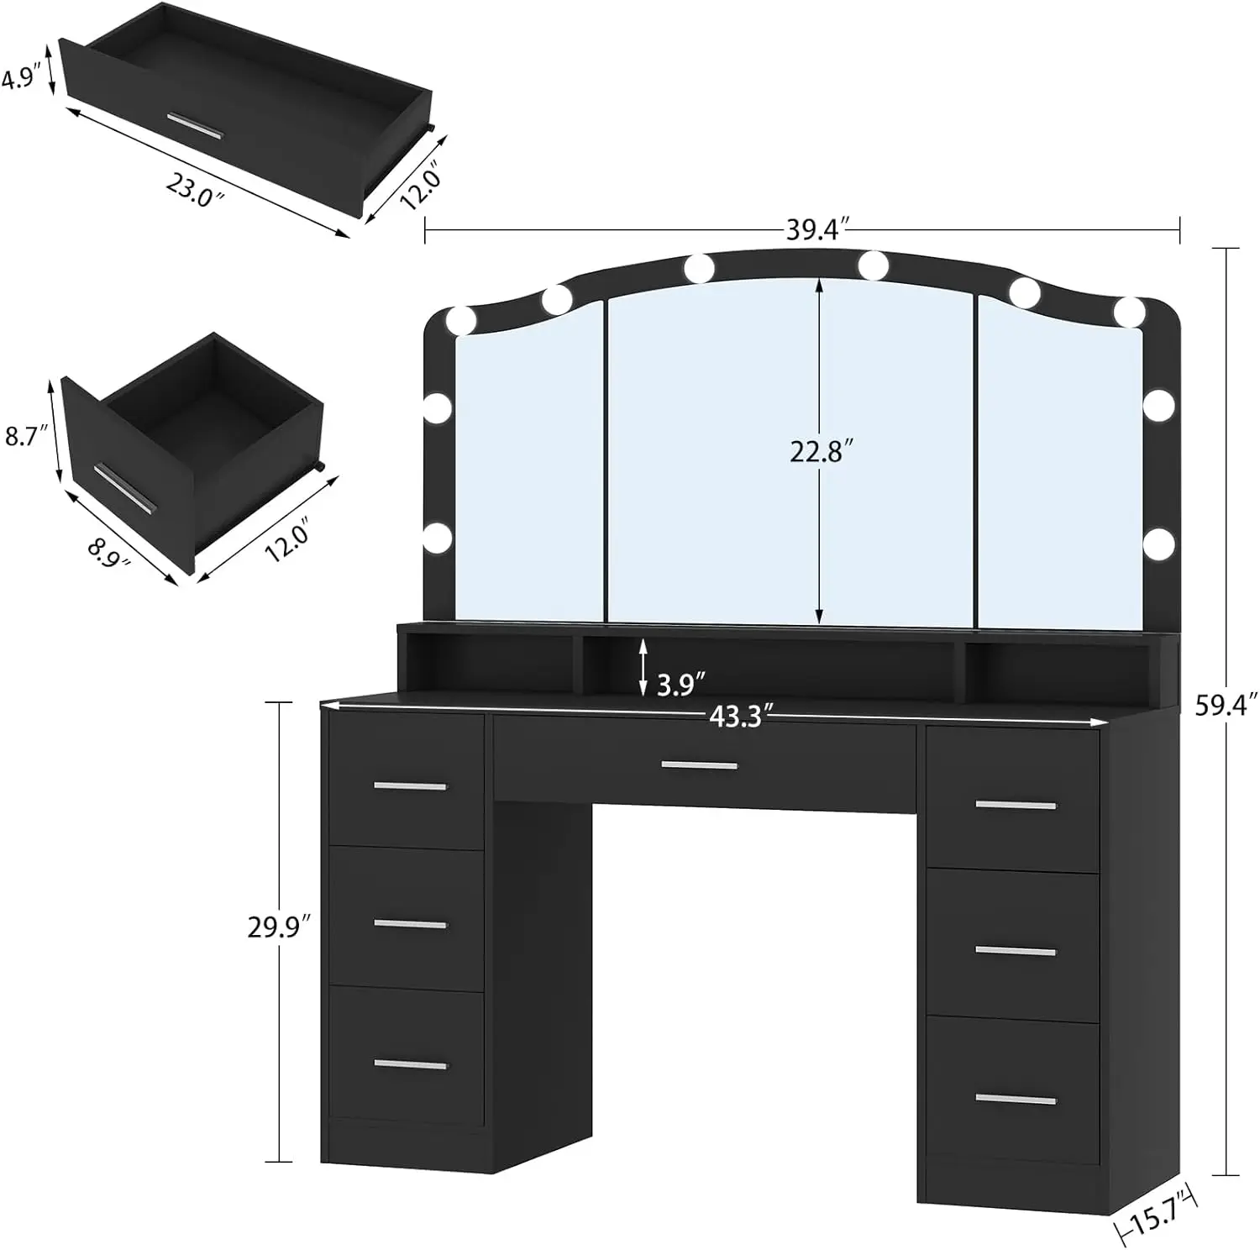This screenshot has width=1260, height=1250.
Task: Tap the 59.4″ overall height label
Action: (x=1226, y=705)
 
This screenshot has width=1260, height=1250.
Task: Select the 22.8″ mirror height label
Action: (x=822, y=452)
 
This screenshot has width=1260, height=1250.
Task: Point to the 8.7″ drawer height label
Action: (x=23, y=436)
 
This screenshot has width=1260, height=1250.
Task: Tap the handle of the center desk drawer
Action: (x=699, y=765)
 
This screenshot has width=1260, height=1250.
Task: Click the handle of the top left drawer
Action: (x=410, y=786)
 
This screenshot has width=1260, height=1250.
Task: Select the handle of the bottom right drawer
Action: (x=1016, y=1100)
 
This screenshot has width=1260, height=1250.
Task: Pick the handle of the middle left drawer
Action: (x=410, y=925)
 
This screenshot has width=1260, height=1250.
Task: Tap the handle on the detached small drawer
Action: (x=123, y=487)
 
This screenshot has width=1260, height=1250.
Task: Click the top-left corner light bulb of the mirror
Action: (x=461, y=320)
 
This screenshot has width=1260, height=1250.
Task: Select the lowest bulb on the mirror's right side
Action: (x=1158, y=544)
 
